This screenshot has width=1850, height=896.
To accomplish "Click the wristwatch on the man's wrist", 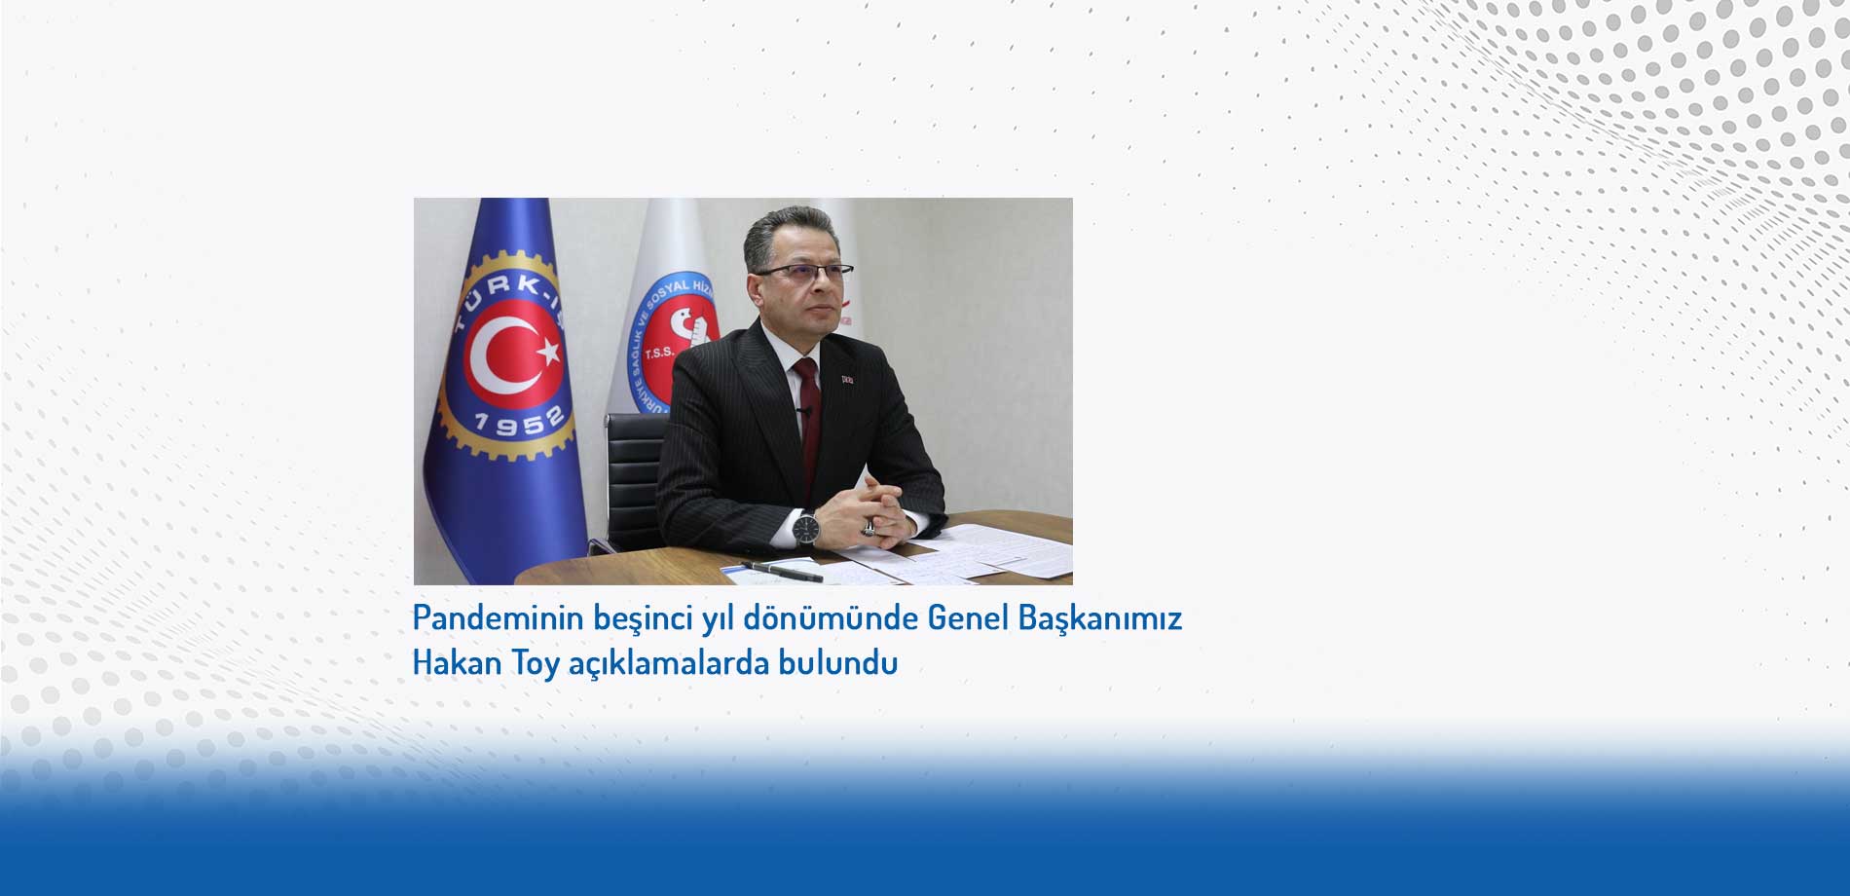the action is pyautogui.click(x=805, y=528).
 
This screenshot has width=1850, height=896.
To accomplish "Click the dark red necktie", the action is pyautogui.click(x=808, y=419).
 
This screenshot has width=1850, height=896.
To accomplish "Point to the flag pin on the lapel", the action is pyautogui.click(x=846, y=377).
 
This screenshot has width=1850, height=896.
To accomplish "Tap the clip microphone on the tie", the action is pyautogui.click(x=804, y=412).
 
